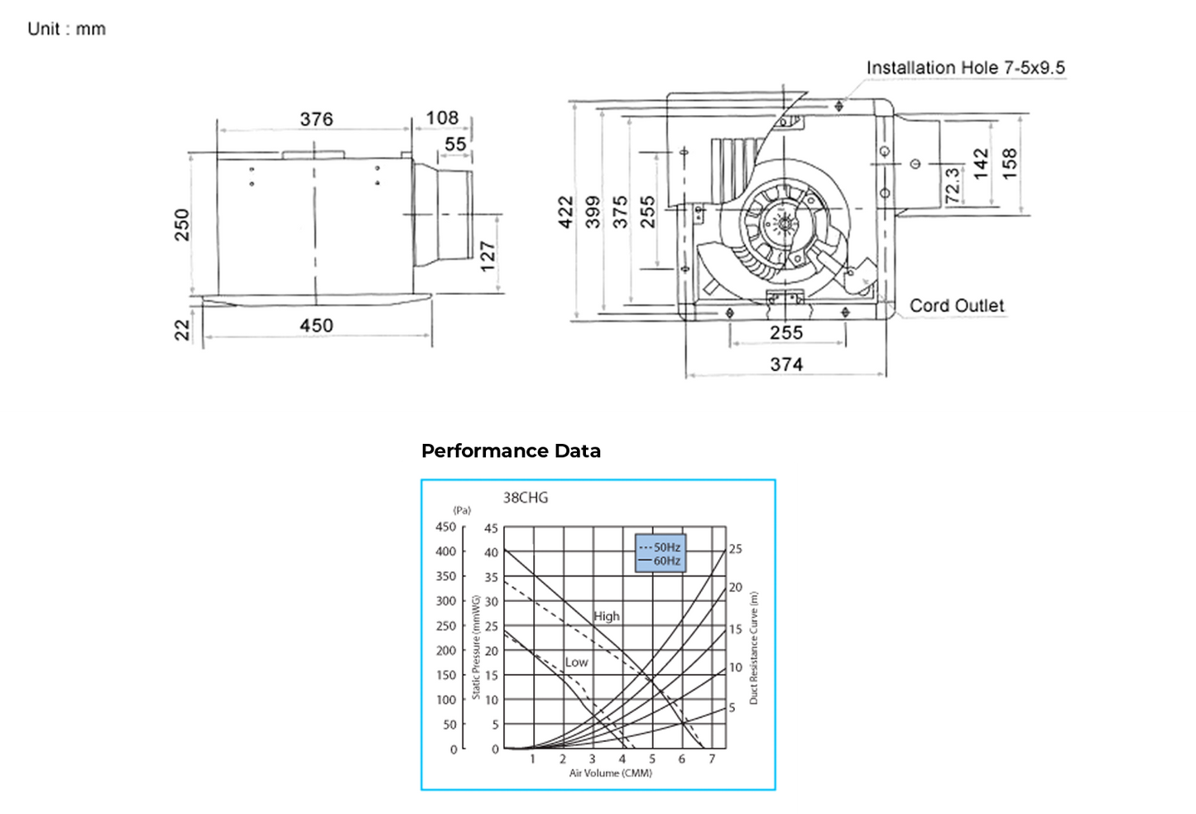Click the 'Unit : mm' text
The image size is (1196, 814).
(66, 29)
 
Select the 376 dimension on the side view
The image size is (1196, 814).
(316, 119)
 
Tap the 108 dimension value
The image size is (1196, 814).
(442, 118)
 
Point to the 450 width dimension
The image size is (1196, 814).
(316, 325)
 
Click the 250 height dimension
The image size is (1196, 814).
(182, 225)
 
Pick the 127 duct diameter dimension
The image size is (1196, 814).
(488, 255)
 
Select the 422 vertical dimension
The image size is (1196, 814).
(565, 212)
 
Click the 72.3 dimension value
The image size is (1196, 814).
(953, 185)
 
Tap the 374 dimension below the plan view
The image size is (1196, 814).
(785, 364)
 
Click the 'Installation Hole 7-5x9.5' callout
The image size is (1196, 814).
(965, 68)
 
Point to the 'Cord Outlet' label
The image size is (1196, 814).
(956, 306)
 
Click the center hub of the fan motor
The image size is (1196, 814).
(781, 224)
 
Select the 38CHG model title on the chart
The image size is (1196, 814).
(526, 498)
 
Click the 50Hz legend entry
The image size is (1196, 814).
(660, 547)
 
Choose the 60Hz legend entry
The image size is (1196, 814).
(660, 561)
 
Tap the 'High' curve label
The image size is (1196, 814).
(606, 616)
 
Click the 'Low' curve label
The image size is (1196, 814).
(576, 662)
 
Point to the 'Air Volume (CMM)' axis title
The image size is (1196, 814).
(610, 773)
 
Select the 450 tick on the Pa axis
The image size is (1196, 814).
(445, 527)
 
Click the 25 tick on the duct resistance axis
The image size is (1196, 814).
(735, 549)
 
